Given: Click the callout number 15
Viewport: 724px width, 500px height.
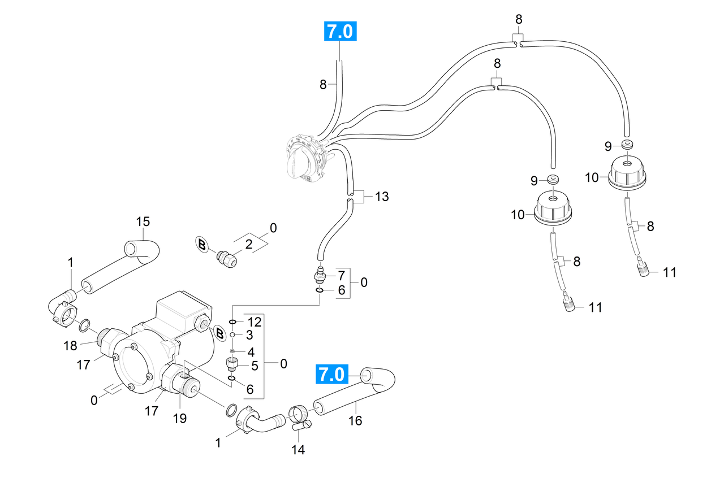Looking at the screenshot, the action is click(x=143, y=221).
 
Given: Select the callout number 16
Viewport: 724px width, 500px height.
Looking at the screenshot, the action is click(x=355, y=420).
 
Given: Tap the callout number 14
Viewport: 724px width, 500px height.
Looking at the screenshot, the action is click(x=298, y=450).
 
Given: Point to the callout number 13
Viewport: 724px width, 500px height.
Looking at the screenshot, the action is click(x=382, y=196).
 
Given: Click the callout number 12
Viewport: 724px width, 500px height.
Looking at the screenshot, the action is click(x=255, y=322).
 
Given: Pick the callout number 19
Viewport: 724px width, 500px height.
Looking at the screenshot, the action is click(x=180, y=419).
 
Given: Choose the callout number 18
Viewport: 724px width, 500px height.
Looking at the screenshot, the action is click(x=70, y=346).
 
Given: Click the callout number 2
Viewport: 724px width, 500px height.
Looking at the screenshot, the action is click(x=248, y=245).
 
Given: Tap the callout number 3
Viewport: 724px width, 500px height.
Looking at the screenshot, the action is click(x=249, y=335).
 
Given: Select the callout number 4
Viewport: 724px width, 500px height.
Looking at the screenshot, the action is click(x=251, y=352).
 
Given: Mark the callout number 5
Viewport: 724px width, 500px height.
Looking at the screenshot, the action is click(x=255, y=366).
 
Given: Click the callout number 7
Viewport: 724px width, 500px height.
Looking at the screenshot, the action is click(x=342, y=276).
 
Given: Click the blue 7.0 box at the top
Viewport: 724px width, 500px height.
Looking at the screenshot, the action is click(x=340, y=31).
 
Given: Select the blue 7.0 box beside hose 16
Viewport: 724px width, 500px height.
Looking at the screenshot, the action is click(x=332, y=374).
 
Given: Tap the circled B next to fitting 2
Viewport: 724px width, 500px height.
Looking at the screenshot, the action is click(x=202, y=245).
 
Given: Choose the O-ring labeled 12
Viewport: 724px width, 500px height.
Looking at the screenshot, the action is click(x=232, y=322).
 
